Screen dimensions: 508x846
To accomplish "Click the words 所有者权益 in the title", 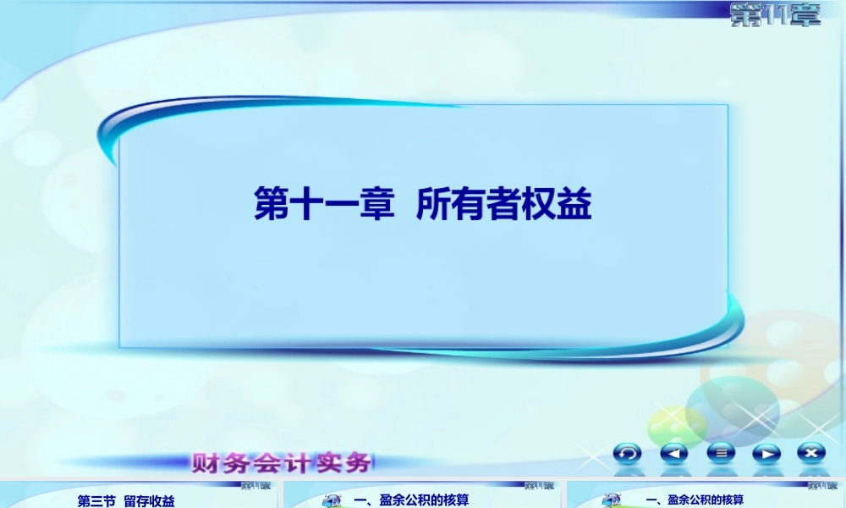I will pos(504,205).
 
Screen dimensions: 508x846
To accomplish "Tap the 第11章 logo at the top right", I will pos(775,15).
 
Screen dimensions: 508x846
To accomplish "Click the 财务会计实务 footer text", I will pos(282,463).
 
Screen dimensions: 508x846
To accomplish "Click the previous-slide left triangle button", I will pos(674,453).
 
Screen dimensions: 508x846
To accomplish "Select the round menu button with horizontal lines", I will pos(720,453).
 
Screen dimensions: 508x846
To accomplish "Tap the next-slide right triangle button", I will pos(766,453).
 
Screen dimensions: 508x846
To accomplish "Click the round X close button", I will pos(811,453).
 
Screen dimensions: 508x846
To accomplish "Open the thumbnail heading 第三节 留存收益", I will pos(126,501).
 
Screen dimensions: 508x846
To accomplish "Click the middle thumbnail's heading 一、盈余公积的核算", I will pos(411,500).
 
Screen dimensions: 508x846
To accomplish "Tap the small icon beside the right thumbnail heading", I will pos(612,501).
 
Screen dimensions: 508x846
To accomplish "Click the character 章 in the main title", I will pos(378,205).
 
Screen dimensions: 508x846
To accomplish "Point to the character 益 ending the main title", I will pos(575,205).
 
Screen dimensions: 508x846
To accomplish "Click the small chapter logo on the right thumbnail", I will pos(821,486).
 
